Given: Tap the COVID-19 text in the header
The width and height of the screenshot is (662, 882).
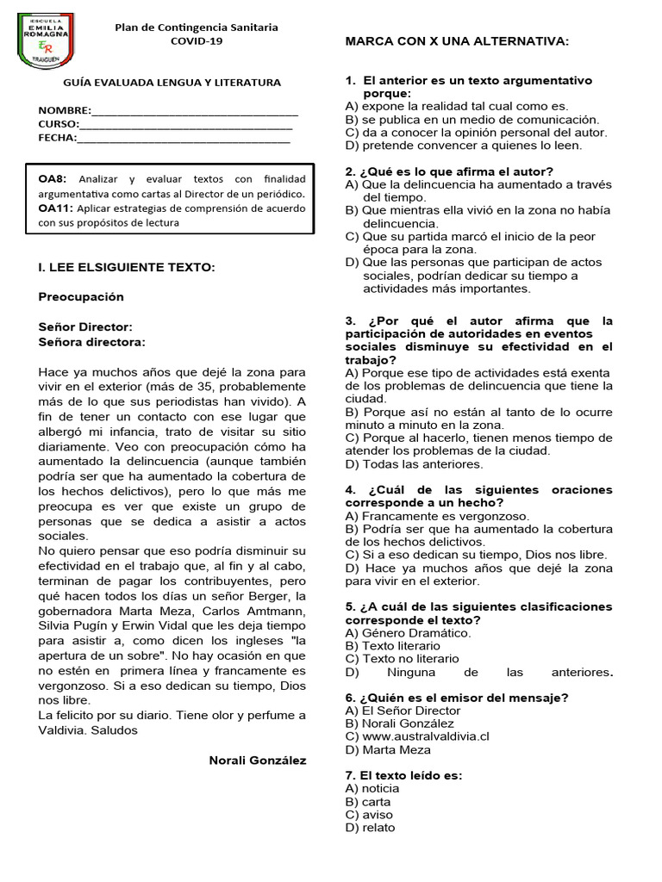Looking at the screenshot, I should click(x=197, y=40).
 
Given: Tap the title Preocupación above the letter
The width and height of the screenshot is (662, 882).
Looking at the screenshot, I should click(x=81, y=296).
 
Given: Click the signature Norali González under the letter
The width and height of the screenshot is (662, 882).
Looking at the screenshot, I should click(x=257, y=760).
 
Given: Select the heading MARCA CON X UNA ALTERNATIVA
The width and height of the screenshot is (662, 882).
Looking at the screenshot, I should click(x=457, y=41).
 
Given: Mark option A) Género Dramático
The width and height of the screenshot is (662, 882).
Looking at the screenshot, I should click(x=408, y=633).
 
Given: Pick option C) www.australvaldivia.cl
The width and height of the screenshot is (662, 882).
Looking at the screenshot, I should click(x=417, y=736).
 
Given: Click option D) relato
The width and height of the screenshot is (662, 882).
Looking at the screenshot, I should click(x=370, y=828).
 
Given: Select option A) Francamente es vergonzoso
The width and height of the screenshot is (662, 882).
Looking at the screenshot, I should click(x=437, y=516).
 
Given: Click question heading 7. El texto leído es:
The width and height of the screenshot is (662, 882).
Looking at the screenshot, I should click(x=403, y=775).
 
